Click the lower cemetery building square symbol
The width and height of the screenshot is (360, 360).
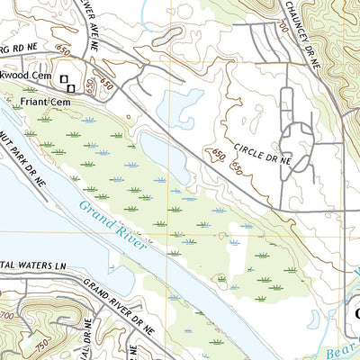[x=70, y=86]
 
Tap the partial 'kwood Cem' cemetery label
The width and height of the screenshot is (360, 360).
[x=24, y=79]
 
